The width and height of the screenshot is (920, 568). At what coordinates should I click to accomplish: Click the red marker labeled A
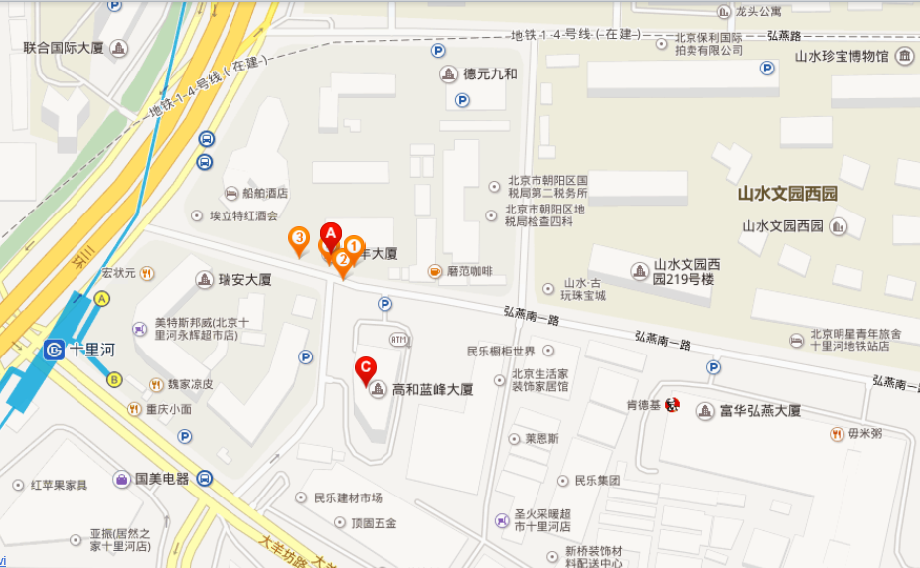tap(331, 234)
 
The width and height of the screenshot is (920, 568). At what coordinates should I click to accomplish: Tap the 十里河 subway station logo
tap(55, 350)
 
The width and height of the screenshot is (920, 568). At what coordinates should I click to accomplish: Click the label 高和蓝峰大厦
tap(432, 390)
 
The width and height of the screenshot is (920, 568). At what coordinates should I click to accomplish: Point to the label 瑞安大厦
tap(245, 280)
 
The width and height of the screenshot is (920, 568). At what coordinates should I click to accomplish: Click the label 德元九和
tap(490, 73)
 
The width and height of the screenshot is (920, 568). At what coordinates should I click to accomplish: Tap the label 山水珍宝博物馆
tap(841, 56)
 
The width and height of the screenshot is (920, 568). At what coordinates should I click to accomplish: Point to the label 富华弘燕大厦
tap(760, 411)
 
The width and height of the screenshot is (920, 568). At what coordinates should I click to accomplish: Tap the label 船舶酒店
tap(264, 193)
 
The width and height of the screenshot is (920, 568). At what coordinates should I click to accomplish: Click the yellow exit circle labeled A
tap(102, 299)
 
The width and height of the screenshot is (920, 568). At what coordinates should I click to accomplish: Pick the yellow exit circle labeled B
tap(115, 379)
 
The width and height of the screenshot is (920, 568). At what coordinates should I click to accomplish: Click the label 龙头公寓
tap(758, 12)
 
